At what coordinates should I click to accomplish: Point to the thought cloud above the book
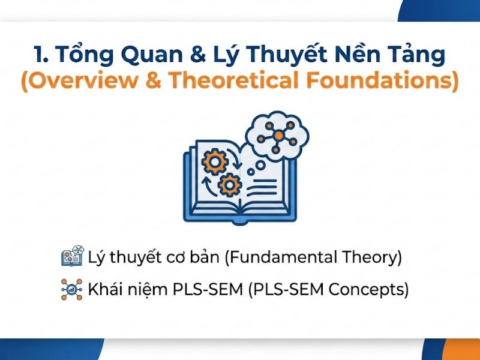pos(278,136)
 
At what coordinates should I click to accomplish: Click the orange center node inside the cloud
pos(278,136)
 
